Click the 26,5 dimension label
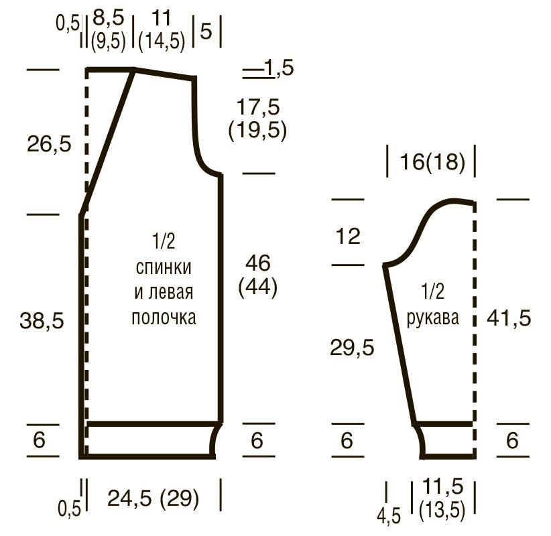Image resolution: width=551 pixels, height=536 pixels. click(49, 144)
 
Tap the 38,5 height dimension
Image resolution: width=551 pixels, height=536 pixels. click(42, 321)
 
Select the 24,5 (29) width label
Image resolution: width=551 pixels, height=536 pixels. click(154, 498)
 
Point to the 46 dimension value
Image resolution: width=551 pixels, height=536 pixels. click(258, 263)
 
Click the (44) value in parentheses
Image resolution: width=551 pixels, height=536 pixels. click(258, 287)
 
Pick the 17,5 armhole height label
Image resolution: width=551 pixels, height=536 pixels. click(258, 107)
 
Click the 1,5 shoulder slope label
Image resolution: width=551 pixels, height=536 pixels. click(279, 68)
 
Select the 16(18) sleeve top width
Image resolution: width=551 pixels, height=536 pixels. click(432, 162)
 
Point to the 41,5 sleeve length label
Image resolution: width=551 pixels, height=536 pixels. click(509, 319)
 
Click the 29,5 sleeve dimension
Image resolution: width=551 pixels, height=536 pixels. click(352, 348)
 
